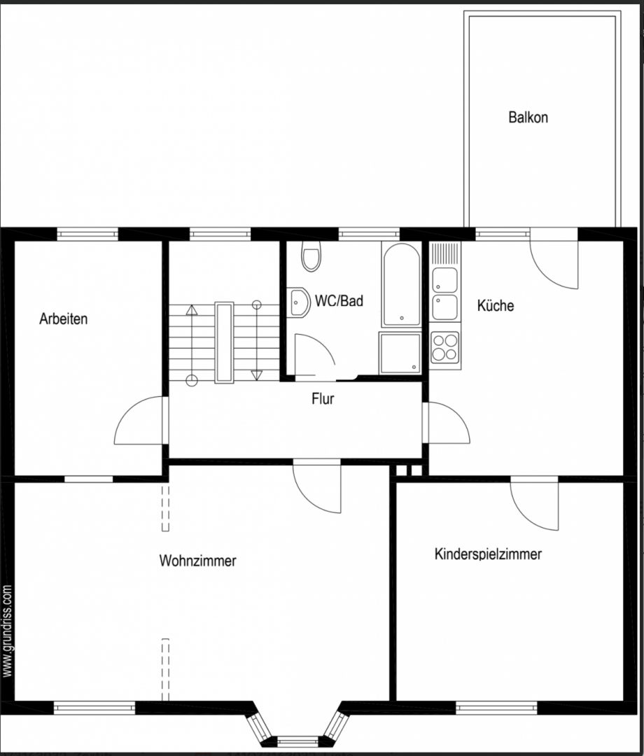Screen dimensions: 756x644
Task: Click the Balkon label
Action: coord(528,118)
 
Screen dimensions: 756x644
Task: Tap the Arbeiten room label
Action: coord(64,319)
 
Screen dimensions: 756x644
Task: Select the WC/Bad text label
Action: coord(339,302)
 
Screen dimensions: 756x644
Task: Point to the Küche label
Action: coord(496,306)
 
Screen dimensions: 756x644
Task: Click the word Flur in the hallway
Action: coord(323,400)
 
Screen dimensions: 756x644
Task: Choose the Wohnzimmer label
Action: coord(197,561)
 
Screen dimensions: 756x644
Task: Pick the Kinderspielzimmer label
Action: coord(488,554)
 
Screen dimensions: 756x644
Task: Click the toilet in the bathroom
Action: coord(309,257)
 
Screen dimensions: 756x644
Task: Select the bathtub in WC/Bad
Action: coord(401,284)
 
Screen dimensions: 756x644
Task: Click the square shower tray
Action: coord(400,353)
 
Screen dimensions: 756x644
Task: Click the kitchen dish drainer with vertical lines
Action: coord(445,253)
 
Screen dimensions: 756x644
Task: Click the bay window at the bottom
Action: coord(297,728)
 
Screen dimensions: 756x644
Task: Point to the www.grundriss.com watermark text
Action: coord(8,631)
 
